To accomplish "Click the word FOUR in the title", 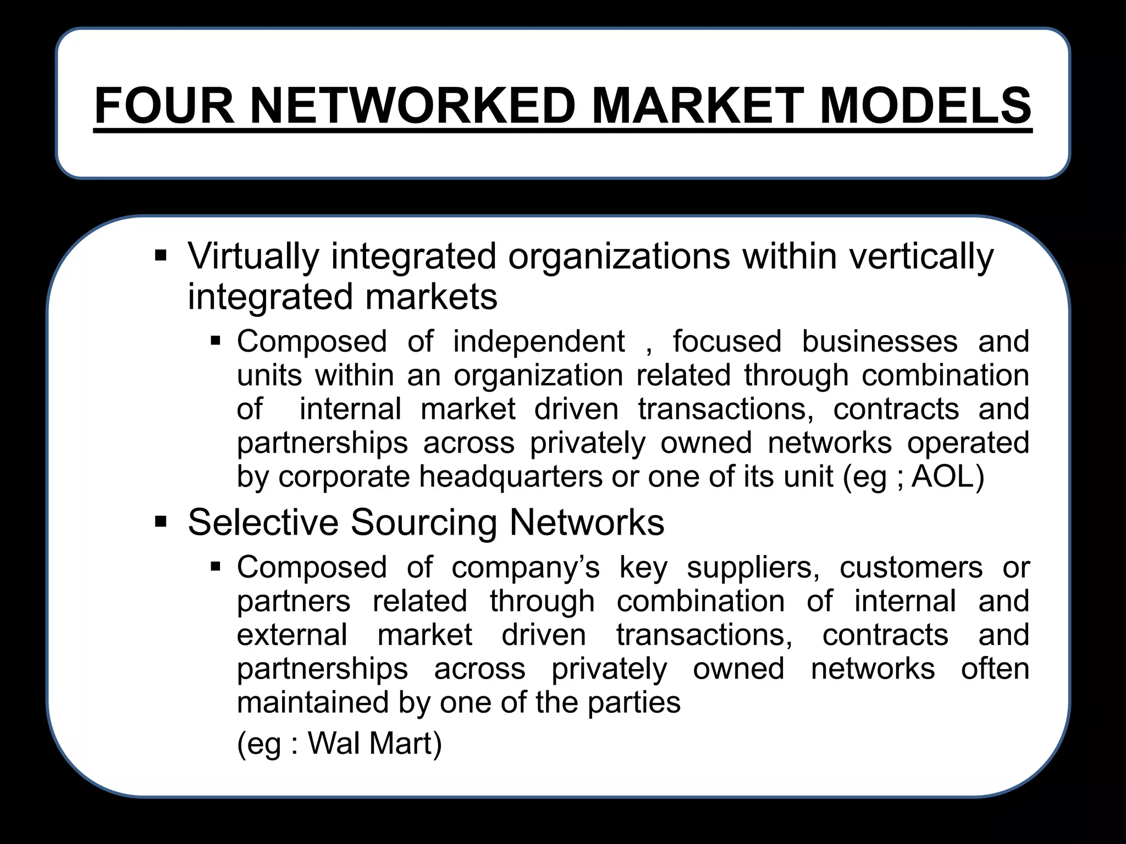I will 164,106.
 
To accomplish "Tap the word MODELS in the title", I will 925,106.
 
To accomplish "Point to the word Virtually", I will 253,257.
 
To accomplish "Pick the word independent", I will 539,341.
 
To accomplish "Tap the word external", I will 292,635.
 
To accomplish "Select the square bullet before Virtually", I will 161,256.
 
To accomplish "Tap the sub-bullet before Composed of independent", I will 216,341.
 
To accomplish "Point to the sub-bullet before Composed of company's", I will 216,567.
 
